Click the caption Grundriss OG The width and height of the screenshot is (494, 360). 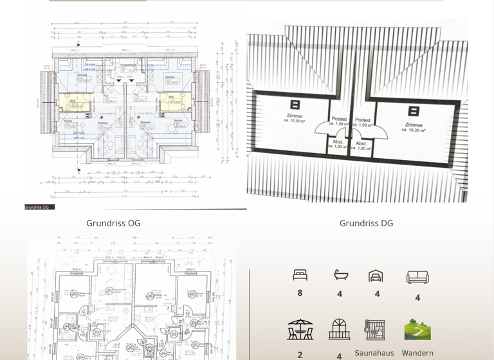pyautogui.click(x=113, y=224)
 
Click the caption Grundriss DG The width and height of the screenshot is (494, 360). pyautogui.click(x=366, y=224)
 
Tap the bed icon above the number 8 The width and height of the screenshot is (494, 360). pyautogui.click(x=300, y=275)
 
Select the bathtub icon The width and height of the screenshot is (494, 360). pyautogui.click(x=340, y=275)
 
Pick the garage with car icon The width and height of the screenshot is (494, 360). pyautogui.click(x=376, y=276)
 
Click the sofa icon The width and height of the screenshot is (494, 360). pyautogui.click(x=417, y=277)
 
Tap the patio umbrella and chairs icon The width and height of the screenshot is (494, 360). pyautogui.click(x=300, y=330)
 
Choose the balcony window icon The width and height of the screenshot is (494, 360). pyautogui.click(x=339, y=330)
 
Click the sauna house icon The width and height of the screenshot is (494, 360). pyautogui.click(x=374, y=330)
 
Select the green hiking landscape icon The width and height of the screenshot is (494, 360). pyautogui.click(x=417, y=330)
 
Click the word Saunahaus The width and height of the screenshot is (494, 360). pyautogui.click(x=374, y=353)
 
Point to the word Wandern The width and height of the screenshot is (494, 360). pyautogui.click(x=417, y=353)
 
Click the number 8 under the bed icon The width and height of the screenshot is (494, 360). pyautogui.click(x=300, y=293)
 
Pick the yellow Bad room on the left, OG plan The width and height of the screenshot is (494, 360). pyautogui.click(x=73, y=102)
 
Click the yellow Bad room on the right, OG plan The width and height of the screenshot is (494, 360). pyautogui.click(x=171, y=102)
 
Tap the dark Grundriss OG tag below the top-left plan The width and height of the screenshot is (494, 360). pyautogui.click(x=39, y=207)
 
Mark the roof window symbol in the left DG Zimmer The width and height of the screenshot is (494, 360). pyautogui.click(x=295, y=104)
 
